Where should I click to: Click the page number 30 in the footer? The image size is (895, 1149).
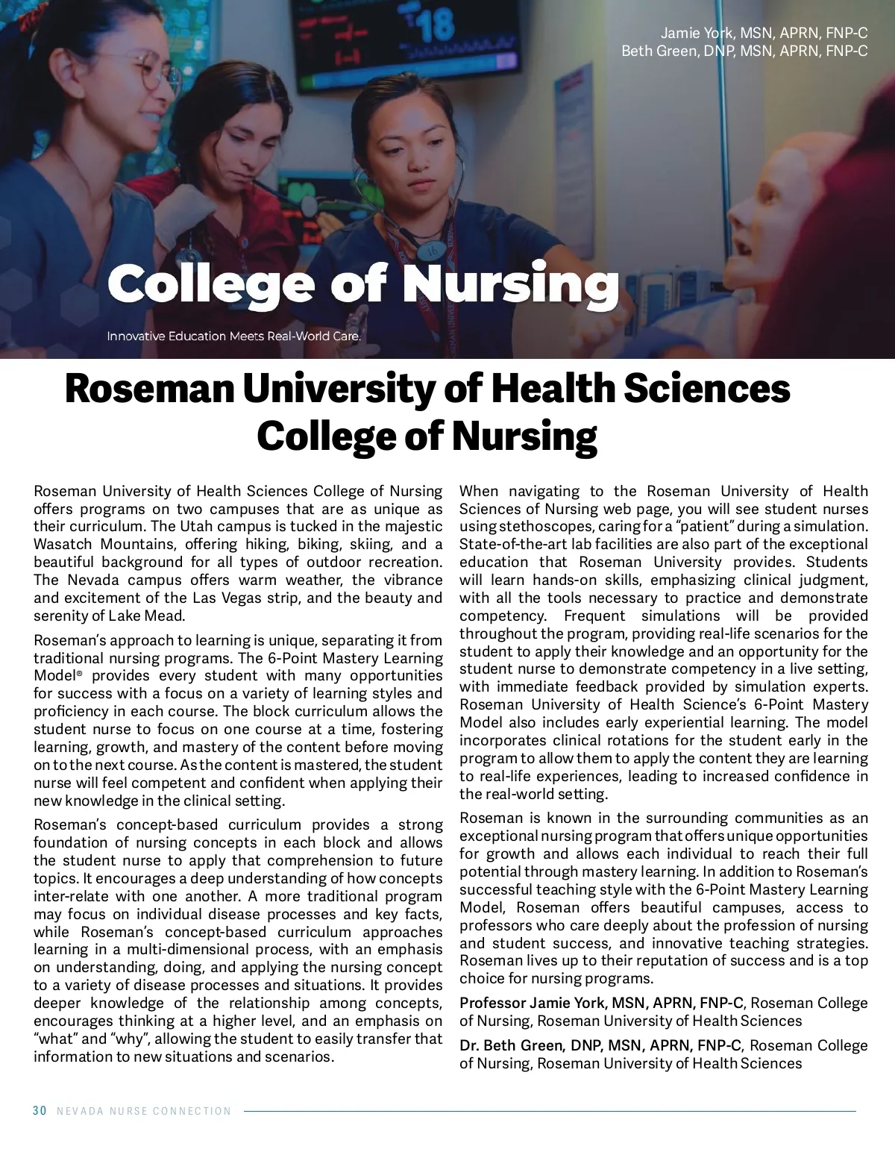point(40,1111)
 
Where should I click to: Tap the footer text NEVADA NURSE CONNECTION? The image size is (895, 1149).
point(144,1111)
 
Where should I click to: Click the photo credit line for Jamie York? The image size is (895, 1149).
point(764,33)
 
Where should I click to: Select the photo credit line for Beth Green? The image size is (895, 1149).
point(744,51)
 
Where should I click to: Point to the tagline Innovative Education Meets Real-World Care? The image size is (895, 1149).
point(233,336)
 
